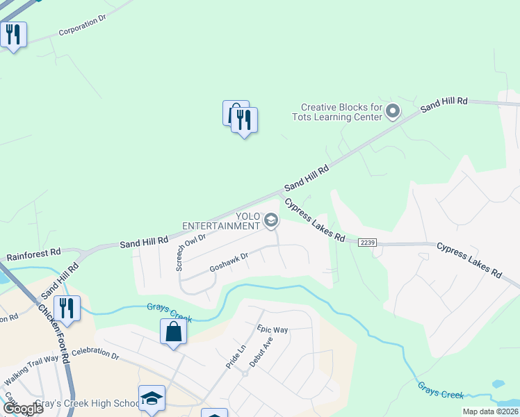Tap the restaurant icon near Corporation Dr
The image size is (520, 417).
[x=13, y=34]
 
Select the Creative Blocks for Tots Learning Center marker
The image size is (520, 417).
[x=393, y=111]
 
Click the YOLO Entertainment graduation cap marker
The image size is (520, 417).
[x=271, y=222]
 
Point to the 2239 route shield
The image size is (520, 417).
[x=368, y=242]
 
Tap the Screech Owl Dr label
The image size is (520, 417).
[x=190, y=252]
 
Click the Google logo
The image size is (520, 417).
[x=22, y=409]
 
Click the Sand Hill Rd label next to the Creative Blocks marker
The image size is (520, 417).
[x=444, y=104]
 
